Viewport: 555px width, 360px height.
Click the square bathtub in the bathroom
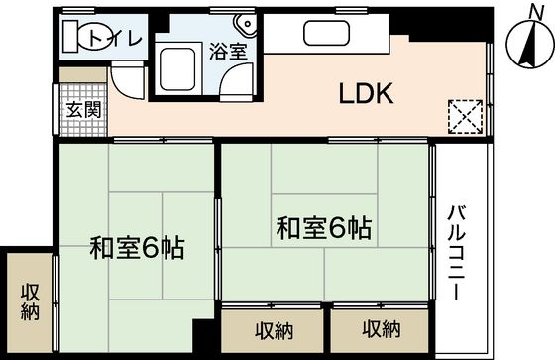178,66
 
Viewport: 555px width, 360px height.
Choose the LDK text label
368,95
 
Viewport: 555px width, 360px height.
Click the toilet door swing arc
127,80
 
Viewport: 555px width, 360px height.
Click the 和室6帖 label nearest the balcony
323,229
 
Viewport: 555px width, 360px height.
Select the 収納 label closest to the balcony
381,329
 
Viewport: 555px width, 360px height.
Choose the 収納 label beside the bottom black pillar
271,329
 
